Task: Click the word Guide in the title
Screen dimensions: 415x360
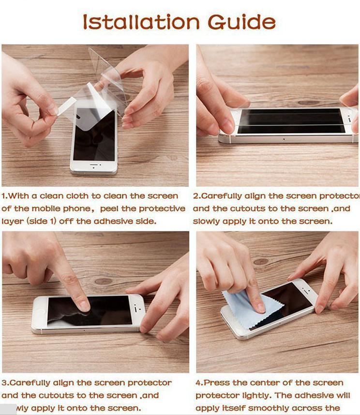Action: pos(241,22)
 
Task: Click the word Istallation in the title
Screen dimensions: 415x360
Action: pos(140,22)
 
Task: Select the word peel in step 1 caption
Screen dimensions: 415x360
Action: pos(112,209)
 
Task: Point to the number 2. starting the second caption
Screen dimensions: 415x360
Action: pos(196,196)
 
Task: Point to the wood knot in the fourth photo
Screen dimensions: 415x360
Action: pos(261,261)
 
